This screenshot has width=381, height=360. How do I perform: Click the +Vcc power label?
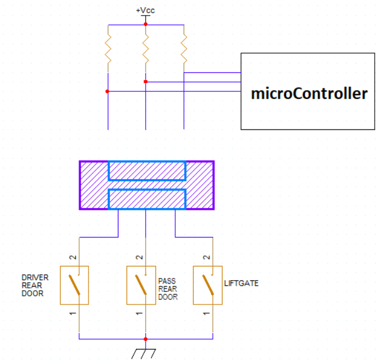[x=145, y=10]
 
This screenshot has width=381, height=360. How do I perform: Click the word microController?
[x=309, y=94]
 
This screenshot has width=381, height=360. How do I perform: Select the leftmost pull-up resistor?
[x=108, y=49]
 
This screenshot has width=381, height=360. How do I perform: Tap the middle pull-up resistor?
[x=146, y=49]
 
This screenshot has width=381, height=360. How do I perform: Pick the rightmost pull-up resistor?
[x=184, y=49]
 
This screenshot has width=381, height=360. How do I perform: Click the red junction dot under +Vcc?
[x=146, y=24]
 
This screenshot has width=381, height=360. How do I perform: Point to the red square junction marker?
[x=146, y=81]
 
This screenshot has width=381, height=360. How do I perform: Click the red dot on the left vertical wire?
[x=107, y=91]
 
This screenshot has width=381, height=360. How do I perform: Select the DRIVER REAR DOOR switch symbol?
[x=75, y=285]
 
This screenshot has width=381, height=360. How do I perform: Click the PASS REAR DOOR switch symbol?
[x=141, y=285]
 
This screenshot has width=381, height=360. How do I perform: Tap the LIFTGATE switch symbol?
[x=208, y=285]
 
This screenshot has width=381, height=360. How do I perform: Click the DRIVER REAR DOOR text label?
[x=35, y=285]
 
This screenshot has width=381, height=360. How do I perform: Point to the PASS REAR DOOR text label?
[x=168, y=289]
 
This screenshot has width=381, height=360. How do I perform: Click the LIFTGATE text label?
[x=241, y=283]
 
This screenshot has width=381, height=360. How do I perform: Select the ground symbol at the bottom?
[x=144, y=354]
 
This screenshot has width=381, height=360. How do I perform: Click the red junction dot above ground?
[x=146, y=339]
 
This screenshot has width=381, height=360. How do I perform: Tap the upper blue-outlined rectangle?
[x=147, y=171]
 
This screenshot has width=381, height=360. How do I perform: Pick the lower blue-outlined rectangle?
[x=147, y=199]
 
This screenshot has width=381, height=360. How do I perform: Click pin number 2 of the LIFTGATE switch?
[x=206, y=257]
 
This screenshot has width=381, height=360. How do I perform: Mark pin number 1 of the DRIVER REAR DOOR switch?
[x=72, y=314]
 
